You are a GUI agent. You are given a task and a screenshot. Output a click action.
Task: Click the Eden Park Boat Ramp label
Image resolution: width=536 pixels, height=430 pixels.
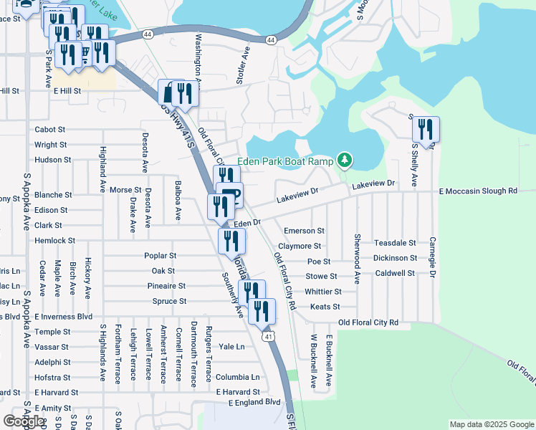pos(285,161)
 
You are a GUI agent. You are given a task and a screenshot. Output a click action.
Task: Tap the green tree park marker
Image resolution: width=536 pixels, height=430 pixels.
pos(345,159)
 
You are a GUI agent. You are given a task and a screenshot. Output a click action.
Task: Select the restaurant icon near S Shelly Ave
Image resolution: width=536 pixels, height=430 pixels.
pos(426,129)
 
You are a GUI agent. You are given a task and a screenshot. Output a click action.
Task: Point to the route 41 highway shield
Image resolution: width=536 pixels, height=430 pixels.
pos(268,336)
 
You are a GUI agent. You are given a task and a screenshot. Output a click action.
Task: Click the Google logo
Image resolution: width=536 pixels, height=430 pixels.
pos(24,421)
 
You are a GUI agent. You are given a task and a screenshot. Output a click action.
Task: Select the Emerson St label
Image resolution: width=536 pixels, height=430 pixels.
pos(304,231)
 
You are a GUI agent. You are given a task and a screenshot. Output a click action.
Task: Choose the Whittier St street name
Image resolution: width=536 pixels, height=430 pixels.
pos(322,292)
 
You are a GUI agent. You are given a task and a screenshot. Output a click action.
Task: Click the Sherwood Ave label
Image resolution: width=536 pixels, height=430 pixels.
pos(356,257)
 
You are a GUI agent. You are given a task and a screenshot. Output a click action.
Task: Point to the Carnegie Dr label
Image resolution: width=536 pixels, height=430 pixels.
pos(432,258)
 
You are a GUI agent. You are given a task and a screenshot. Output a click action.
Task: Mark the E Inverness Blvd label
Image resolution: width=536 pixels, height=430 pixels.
pos(63,316)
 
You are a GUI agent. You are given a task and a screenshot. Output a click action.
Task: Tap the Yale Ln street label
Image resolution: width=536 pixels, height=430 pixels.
pos(231,346)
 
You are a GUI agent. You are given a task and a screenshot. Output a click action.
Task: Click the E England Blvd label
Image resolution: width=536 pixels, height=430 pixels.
pos(254,403)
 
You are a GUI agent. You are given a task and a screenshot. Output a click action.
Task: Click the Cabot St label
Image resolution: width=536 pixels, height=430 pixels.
pos(50,130)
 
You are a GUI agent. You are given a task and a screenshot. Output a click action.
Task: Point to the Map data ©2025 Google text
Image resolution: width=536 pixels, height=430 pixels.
pos(491,424)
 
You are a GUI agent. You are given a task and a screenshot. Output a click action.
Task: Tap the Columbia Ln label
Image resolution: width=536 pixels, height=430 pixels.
pos(238,377)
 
